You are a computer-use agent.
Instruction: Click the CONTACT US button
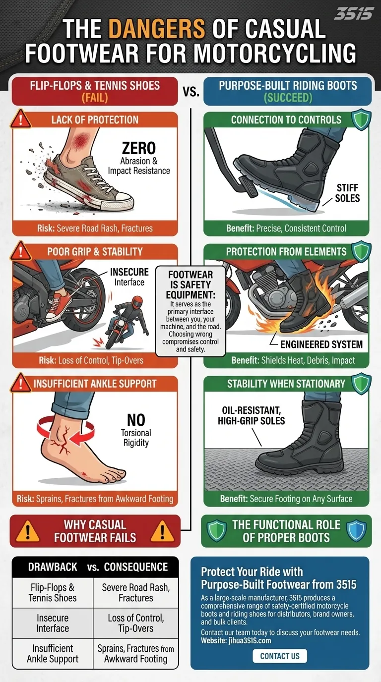[280, 656]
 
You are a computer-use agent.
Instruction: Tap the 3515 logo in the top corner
[353, 13]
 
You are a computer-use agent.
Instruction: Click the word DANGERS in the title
[157, 30]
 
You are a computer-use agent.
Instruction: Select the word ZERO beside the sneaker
[138, 148]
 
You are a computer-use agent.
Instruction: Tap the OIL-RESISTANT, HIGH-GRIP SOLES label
[252, 416]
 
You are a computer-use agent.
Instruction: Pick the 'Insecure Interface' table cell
[53, 624]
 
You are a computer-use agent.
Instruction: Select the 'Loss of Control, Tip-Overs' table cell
[135, 624]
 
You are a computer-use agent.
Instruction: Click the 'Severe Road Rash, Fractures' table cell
[135, 593]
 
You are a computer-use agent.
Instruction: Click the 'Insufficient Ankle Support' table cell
[53, 654]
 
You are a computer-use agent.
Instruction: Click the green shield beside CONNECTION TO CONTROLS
[361, 120]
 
